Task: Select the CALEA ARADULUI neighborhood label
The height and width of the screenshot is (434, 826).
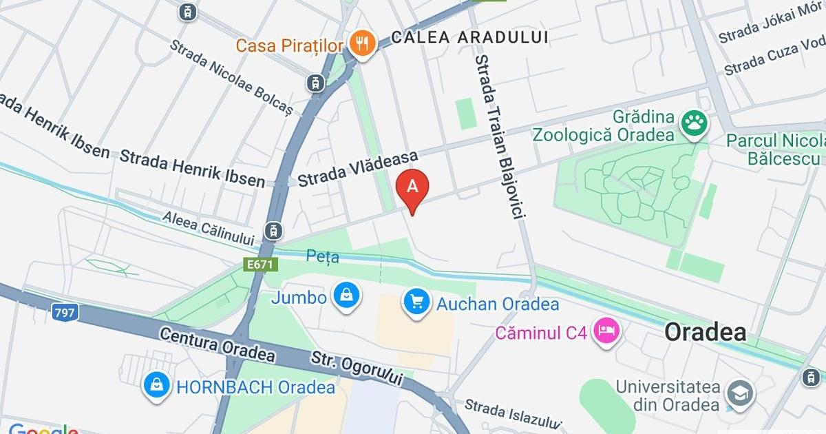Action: pos(469,37)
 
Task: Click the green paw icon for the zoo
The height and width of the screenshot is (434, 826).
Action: pos(694,125)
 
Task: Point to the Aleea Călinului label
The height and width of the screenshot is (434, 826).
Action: pos(209,228)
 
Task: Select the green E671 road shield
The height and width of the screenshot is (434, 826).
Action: pos(260,264)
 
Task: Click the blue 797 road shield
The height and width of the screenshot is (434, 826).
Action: pos(64,312)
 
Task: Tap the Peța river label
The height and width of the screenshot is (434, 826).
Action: pos(323,258)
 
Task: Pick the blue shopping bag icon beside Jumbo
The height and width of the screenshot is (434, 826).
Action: pos(347,297)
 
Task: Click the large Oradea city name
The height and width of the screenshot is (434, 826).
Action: pos(705,333)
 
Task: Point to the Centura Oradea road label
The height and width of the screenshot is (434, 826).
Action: pos(218,345)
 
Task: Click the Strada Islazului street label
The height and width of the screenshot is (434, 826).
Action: pos(513,414)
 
